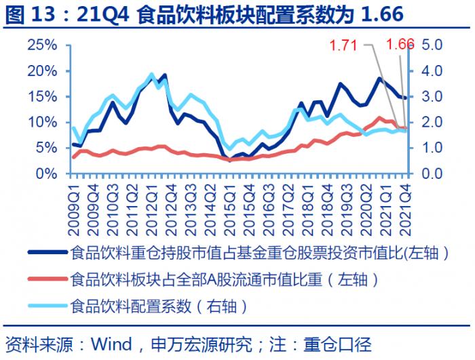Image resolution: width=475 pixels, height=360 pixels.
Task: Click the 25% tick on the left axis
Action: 42,45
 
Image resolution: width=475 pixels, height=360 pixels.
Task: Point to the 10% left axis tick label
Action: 42,123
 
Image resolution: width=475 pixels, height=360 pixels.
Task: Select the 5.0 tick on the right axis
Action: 432,45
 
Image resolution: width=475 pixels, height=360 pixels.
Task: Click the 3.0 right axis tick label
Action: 432,97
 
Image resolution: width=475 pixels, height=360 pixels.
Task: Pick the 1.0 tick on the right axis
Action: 432,148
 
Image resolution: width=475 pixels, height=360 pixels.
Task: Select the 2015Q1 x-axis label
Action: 228,197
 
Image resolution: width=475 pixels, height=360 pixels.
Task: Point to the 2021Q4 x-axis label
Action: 406,197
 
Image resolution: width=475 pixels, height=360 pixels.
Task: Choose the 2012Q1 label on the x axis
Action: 151,197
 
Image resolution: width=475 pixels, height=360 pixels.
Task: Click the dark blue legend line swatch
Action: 47,254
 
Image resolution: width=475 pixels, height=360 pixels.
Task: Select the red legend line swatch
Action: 47,279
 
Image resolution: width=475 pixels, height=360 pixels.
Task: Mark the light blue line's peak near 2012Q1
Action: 151,75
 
